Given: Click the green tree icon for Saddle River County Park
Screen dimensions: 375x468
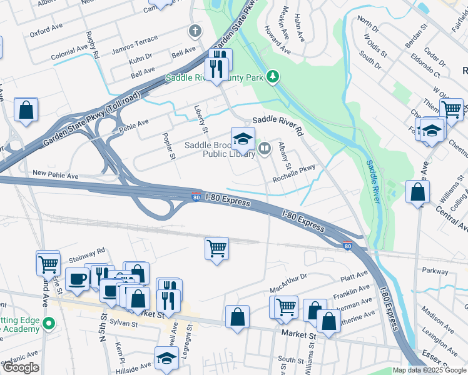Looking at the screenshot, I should point(272,77).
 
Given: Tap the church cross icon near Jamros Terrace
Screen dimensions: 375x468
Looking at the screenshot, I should point(195,31).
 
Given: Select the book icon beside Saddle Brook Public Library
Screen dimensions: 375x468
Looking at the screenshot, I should point(265,148).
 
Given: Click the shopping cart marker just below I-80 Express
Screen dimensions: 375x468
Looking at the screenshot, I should point(216,248).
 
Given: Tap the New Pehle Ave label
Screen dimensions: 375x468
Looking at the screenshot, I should point(56,175).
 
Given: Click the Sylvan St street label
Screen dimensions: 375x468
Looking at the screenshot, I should point(123,323).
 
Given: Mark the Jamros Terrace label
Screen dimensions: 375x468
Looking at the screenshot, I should point(135,40).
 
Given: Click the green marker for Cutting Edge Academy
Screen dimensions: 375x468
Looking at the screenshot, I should point(53,324).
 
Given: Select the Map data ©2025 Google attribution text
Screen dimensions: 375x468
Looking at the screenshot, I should point(429,370).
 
